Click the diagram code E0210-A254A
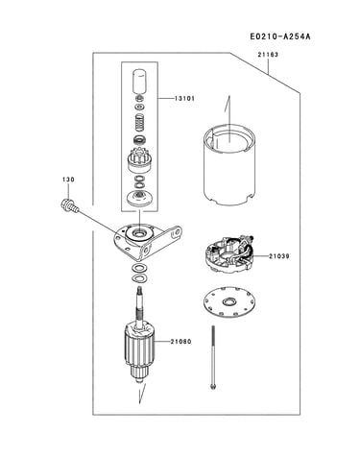[280, 36]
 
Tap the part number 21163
[268, 55]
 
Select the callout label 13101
[184, 98]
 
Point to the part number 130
[68, 180]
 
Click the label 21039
[279, 256]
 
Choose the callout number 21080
[180, 342]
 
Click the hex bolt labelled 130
[68, 205]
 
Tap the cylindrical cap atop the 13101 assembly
[139, 83]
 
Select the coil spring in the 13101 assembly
[139, 122]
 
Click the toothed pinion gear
[139, 161]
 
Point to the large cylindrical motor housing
[229, 165]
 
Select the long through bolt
[213, 357]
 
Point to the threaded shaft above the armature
[140, 306]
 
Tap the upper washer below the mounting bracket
[139, 268]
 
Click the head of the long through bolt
[213, 387]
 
